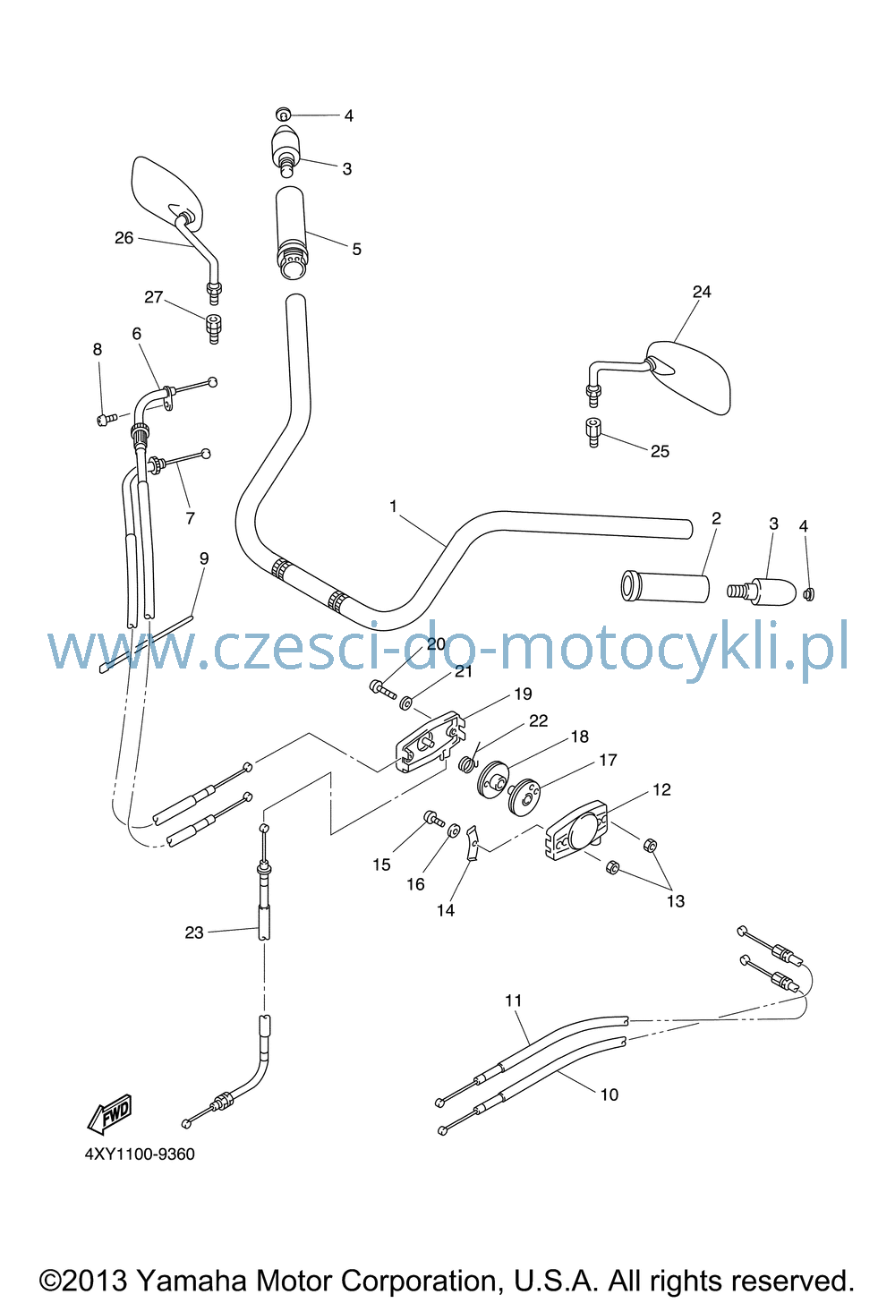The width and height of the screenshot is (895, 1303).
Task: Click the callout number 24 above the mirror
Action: tap(702, 292)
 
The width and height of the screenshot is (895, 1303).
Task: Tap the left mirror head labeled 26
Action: tap(166, 192)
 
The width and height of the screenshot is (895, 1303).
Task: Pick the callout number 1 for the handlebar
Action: tap(394, 507)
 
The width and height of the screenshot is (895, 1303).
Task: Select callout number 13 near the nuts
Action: tap(675, 901)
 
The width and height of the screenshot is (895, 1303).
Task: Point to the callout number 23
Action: tap(194, 933)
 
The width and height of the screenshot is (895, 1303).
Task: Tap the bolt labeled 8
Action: tap(107, 419)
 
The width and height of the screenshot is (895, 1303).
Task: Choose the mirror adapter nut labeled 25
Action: tap(592, 432)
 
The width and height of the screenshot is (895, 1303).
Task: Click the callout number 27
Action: tap(154, 297)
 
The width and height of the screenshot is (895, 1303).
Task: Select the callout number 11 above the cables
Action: tap(513, 1001)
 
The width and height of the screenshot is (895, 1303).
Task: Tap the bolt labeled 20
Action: tap(382, 689)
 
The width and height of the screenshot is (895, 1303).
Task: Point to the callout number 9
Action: tap(204, 558)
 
